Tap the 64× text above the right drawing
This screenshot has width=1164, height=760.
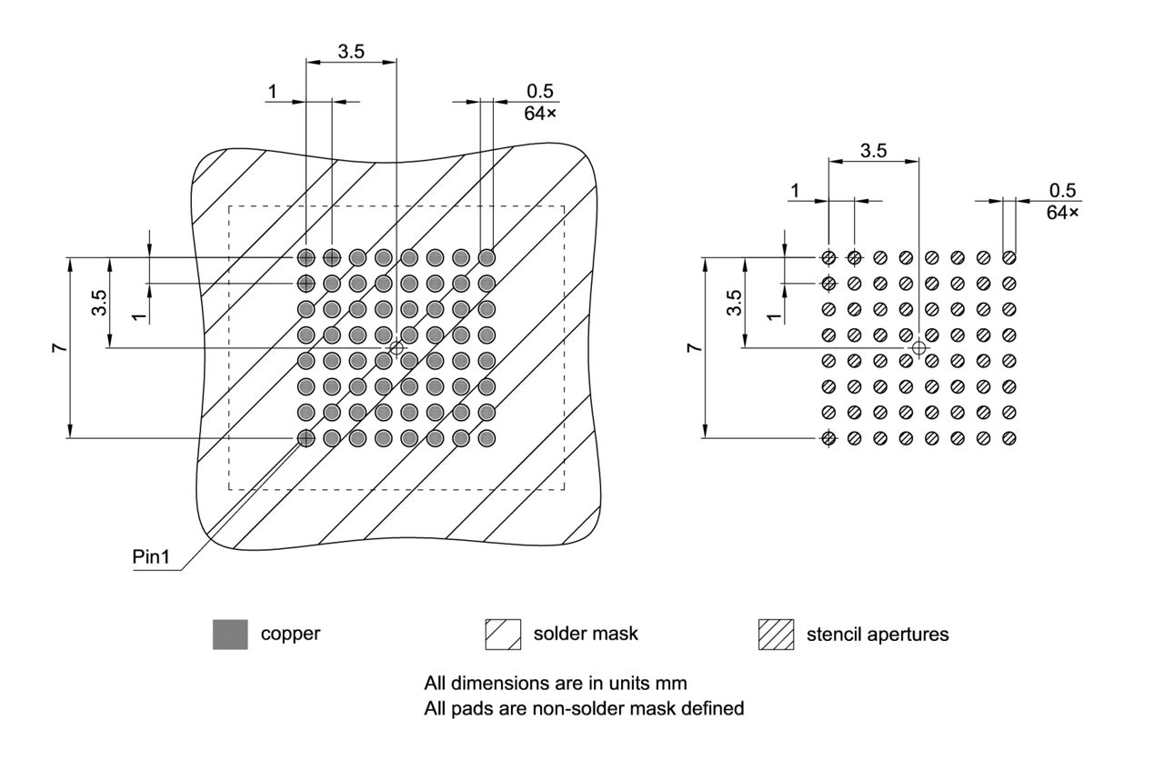click(x=1062, y=212)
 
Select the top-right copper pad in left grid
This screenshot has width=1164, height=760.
click(x=487, y=256)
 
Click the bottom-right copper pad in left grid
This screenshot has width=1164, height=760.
click(x=487, y=439)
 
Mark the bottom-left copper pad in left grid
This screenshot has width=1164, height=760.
click(x=306, y=439)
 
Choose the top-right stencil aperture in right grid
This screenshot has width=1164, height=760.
click(x=1009, y=257)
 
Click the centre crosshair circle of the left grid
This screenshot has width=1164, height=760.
click(x=396, y=347)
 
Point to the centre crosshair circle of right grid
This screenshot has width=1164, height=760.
click(x=918, y=347)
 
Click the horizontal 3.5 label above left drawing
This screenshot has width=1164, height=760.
click(x=351, y=52)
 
